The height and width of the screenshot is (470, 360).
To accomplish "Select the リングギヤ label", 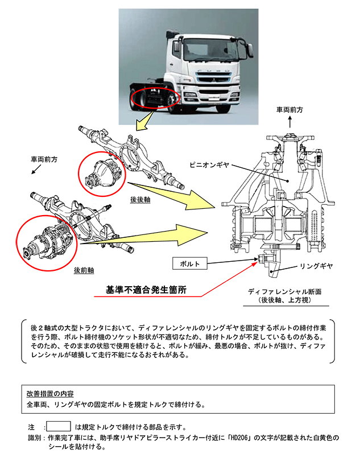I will (316, 266).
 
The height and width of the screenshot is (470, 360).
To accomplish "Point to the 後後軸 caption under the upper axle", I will (140, 200).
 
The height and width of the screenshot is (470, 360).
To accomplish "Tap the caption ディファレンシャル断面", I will (283, 291).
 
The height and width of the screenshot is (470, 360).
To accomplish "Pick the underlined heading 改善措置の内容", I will (50, 394).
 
